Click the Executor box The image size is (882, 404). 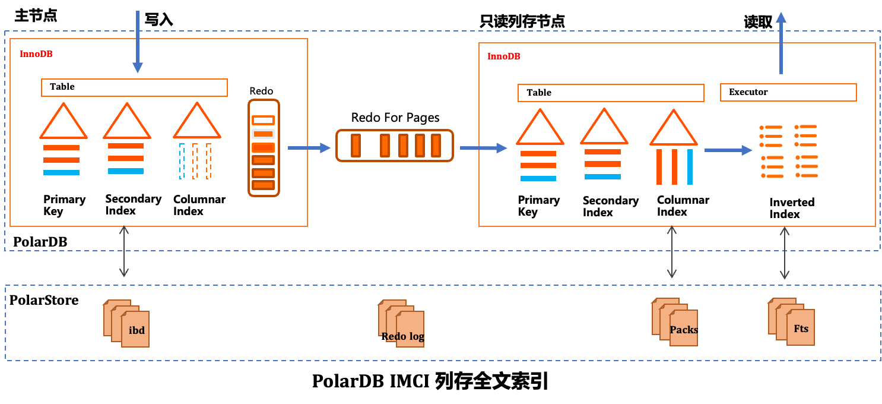tap(788, 92)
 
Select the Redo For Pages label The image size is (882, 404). tap(395, 118)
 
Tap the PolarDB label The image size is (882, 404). tap(40, 242)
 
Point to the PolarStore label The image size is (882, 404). tap(44, 300)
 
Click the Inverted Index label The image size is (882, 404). tap(792, 208)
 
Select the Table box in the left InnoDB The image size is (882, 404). tap(134, 87)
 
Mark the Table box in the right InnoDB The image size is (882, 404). tap(611, 93)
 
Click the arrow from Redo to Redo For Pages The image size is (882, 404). tap(309, 147)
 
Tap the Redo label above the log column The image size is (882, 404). tap(261, 91)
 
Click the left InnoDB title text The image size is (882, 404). tap(36, 54)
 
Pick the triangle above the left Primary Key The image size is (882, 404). tap(64, 122)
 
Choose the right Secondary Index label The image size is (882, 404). tap(610, 207)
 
